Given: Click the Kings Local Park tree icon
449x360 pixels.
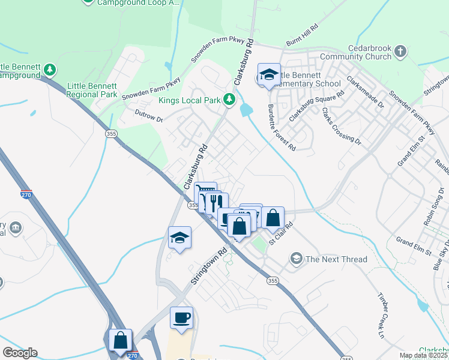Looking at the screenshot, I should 229,99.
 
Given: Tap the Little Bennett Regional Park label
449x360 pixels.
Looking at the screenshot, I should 92,90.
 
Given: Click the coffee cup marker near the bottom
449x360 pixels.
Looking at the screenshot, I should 181,318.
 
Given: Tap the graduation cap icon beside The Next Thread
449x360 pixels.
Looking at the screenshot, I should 295,259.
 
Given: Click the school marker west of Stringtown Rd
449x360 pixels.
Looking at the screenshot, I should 179,238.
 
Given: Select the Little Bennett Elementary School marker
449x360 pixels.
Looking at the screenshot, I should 269,75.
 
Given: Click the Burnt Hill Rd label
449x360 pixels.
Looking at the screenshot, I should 301,41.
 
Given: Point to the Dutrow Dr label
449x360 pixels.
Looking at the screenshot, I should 149,119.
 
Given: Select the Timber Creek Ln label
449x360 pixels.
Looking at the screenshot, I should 380,315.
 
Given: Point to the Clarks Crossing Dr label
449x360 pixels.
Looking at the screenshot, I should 341,125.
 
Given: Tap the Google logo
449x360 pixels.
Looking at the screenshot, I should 19,353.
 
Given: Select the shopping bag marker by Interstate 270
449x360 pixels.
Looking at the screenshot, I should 121,340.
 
